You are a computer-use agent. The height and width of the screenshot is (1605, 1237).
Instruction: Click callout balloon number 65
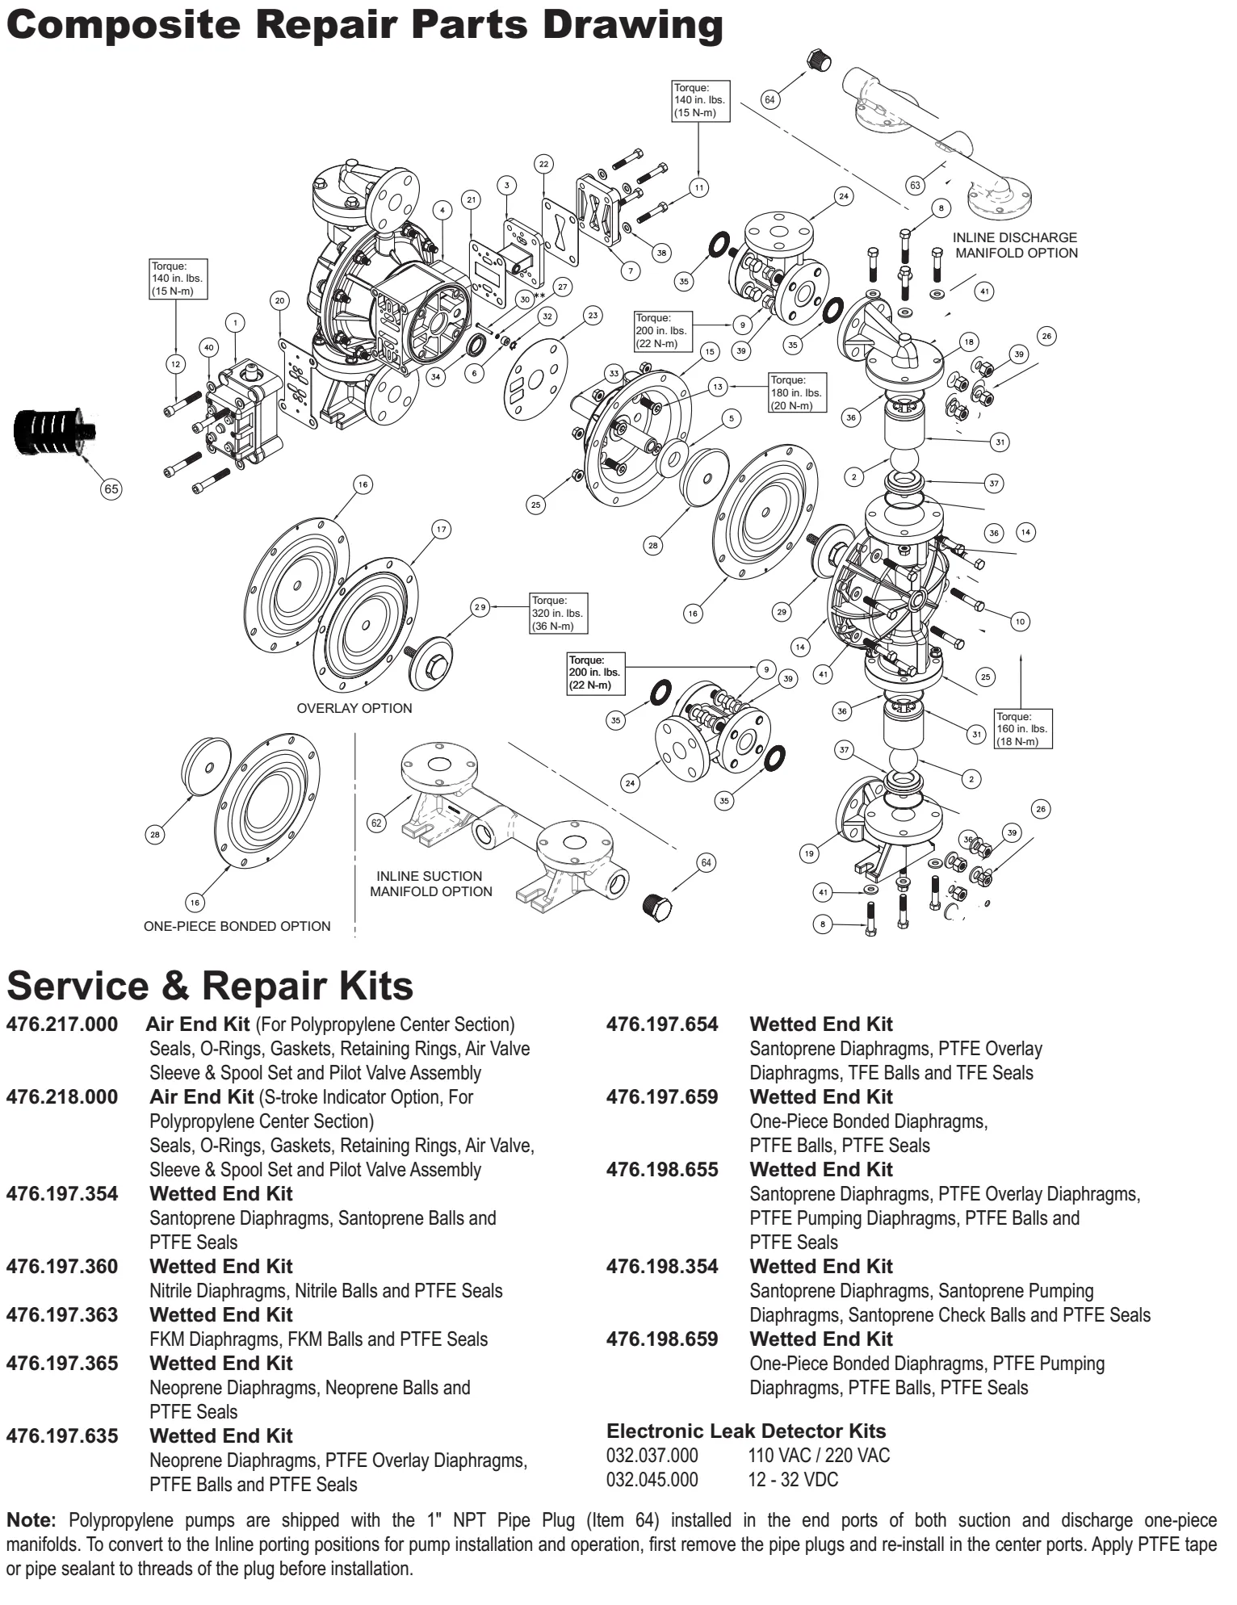point(111,488)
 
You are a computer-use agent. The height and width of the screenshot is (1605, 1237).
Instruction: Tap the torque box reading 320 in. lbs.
point(556,614)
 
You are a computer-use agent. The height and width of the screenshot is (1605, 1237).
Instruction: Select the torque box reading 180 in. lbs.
point(797,392)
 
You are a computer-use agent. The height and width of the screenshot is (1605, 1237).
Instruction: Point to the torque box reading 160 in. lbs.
point(1023,729)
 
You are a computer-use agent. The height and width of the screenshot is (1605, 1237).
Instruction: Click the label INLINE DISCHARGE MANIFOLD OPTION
point(1015,245)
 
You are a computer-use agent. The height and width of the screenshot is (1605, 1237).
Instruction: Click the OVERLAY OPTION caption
point(354,708)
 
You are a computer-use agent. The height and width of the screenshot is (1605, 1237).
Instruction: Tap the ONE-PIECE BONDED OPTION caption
point(237,926)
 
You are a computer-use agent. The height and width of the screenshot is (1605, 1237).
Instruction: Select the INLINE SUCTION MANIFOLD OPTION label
point(430,883)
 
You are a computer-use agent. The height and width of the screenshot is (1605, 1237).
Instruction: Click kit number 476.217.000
point(62,1025)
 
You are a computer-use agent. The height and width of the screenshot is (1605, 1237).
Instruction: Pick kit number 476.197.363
point(62,1315)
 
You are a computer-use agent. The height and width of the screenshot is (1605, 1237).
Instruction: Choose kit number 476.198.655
point(662,1170)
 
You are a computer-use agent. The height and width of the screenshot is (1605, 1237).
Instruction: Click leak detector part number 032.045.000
point(652,1480)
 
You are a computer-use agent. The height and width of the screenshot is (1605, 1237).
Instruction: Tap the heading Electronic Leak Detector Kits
point(746,1431)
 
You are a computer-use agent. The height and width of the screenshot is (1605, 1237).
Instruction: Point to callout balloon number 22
point(543,164)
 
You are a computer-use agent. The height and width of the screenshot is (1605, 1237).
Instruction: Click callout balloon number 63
point(915,185)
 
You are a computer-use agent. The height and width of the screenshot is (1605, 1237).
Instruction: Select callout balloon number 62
point(376,823)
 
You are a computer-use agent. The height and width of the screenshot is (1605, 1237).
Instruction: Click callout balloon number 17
point(441,530)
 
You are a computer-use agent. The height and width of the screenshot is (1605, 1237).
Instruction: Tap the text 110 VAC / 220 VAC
point(819,1456)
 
